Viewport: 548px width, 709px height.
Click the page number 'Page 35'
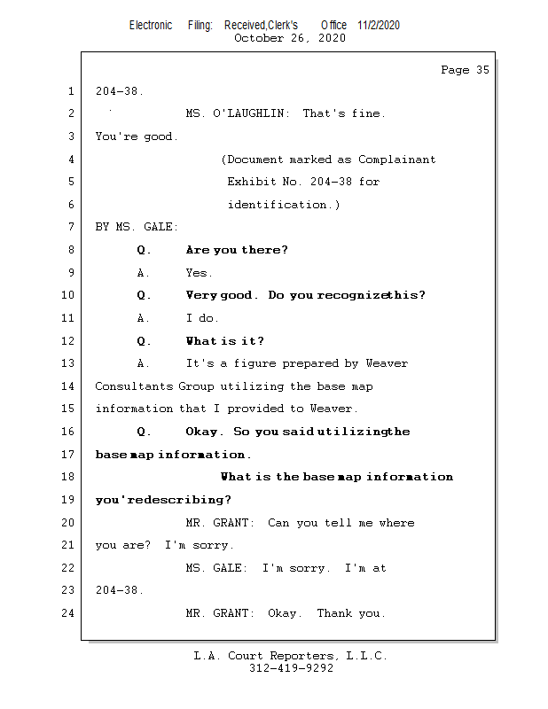click(465, 70)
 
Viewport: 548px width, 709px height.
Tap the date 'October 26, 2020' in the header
click(290, 38)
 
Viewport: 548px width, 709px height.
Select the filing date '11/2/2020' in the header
click(379, 25)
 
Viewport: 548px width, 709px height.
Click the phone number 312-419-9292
click(291, 668)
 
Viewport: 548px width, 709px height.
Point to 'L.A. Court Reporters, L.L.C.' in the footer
click(291, 656)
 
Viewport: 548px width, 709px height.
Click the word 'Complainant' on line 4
click(396, 160)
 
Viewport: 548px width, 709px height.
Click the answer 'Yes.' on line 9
click(200, 273)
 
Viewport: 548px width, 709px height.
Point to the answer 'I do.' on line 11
click(202, 318)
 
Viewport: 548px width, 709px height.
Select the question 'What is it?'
click(225, 341)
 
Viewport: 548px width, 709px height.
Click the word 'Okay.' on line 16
click(205, 432)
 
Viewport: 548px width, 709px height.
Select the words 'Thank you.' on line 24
click(351, 613)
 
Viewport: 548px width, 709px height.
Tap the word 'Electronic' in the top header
click(151, 25)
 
